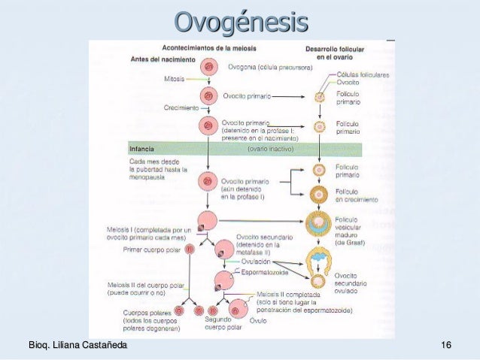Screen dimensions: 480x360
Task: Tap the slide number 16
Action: pos(446,345)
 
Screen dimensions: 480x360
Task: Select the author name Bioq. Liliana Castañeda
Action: pos(77,345)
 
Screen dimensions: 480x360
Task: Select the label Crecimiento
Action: pos(181,108)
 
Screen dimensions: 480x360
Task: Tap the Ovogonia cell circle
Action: pos(208,68)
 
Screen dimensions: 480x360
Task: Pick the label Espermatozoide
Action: pos(266,272)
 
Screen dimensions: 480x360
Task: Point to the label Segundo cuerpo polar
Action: pos(223,323)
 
